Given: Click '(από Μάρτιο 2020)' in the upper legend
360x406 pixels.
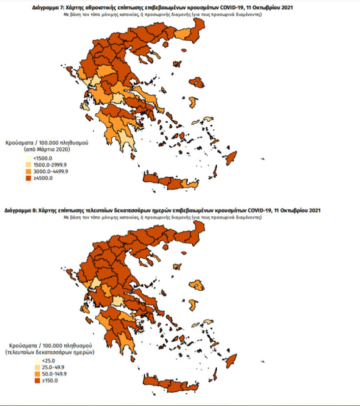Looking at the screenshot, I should tap(47, 148).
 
